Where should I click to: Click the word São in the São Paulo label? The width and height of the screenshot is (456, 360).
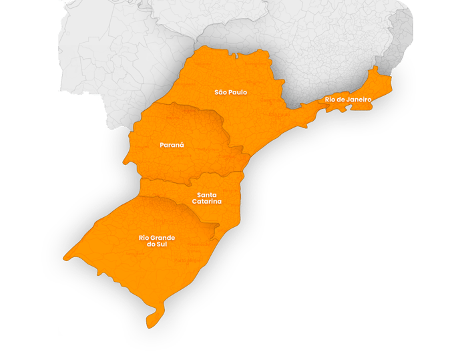click(x=221, y=92)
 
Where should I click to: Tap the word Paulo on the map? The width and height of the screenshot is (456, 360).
click(x=238, y=92)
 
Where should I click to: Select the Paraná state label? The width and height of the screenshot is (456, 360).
click(x=172, y=144)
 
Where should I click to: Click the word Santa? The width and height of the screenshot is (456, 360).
click(x=207, y=194)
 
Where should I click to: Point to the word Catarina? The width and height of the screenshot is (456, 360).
click(x=207, y=201)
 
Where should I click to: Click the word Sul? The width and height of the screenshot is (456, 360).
click(x=160, y=244)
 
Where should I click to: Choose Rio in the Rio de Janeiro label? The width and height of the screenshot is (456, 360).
click(x=330, y=100)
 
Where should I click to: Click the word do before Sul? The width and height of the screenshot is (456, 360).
click(x=150, y=244)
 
